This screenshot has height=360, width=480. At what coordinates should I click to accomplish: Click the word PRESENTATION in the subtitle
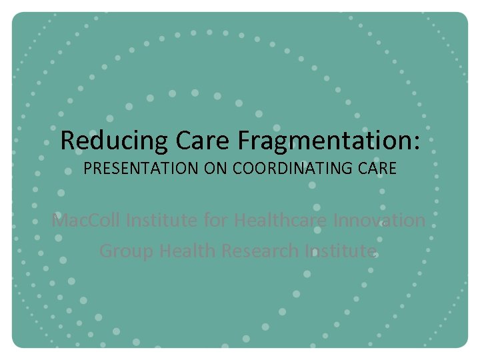coord(141,169)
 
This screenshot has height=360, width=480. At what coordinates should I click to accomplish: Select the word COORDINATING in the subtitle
coord(297,169)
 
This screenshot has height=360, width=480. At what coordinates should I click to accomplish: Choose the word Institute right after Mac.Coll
coord(164,220)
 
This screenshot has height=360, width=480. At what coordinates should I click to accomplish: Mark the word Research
coord(260,251)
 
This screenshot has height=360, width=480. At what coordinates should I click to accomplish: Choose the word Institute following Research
coord(341,251)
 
